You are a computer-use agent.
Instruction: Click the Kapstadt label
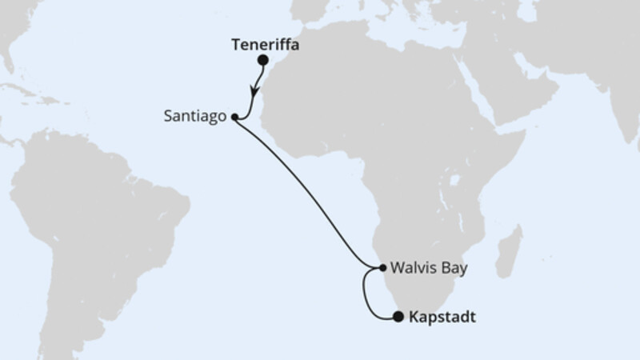click(442, 318)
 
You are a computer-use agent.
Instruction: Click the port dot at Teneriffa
click(262, 60)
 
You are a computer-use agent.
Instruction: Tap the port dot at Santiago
click(234, 117)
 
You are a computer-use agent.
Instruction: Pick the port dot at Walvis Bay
click(382, 267)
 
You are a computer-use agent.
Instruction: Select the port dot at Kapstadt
click(398, 318)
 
